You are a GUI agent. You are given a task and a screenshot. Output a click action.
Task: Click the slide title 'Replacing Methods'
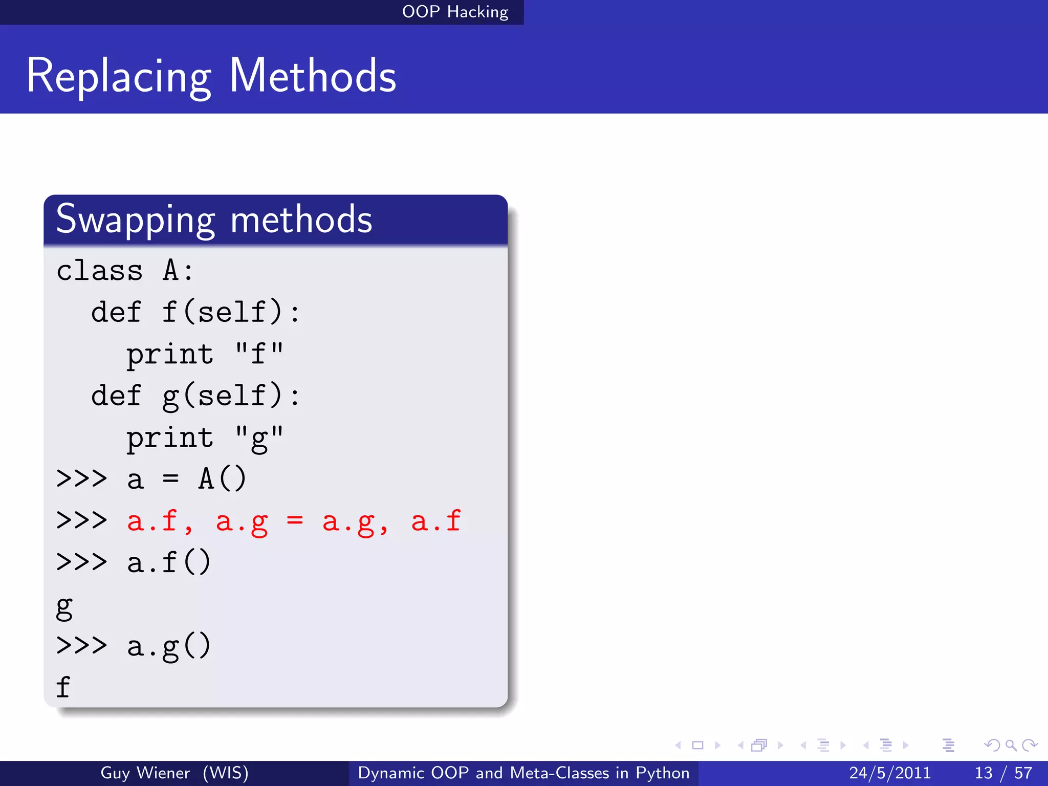click(211, 76)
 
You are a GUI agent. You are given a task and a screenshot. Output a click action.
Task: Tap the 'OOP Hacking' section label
click(455, 12)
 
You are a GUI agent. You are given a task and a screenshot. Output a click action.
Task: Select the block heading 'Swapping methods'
click(214, 220)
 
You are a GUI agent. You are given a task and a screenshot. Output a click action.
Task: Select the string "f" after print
click(259, 354)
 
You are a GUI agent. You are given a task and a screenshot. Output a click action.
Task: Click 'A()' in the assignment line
click(222, 479)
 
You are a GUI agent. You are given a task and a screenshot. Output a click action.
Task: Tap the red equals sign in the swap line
click(295, 521)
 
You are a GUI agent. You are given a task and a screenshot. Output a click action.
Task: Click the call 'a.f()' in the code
click(169, 562)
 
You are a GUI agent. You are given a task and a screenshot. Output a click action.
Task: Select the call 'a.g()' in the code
click(169, 646)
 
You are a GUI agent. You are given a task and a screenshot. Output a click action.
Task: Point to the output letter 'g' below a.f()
click(64, 606)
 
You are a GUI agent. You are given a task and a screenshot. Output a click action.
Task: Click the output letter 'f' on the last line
click(63, 687)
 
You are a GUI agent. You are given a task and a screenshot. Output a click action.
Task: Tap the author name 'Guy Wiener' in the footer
click(145, 773)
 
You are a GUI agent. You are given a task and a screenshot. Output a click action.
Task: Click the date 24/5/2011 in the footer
click(890, 773)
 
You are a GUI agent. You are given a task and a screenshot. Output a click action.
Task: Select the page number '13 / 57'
click(1003, 773)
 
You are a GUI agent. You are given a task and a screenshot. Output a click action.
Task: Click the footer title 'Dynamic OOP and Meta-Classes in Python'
click(523, 773)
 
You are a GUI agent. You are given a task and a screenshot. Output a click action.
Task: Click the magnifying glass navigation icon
click(1011, 745)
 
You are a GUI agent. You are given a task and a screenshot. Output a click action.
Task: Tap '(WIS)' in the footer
click(226, 773)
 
